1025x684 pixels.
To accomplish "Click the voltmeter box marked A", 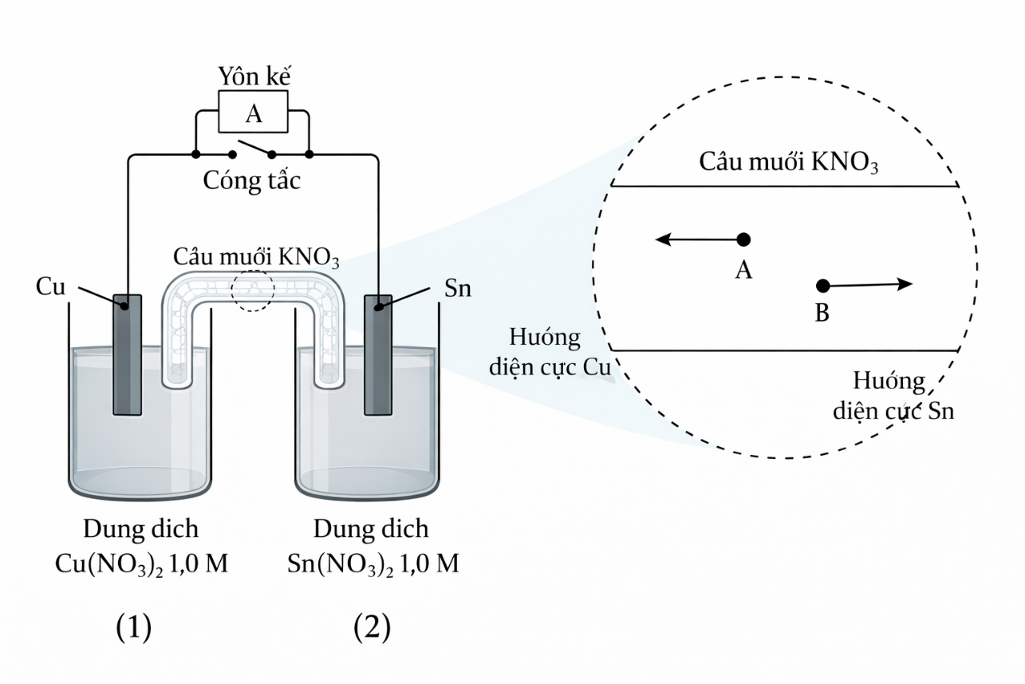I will pyautogui.click(x=253, y=114).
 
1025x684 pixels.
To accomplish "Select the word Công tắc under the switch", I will pyautogui.click(x=252, y=180).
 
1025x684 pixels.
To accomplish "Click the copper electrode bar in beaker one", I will pyautogui.click(x=127, y=355).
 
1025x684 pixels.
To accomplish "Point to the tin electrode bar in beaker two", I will pyautogui.click(x=378, y=355).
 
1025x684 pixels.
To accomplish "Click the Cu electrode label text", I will pyautogui.click(x=51, y=287).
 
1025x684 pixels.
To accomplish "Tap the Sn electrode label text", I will pyautogui.click(x=457, y=288).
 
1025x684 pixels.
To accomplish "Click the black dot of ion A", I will pyautogui.click(x=743, y=239).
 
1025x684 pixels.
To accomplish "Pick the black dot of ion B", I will pyautogui.click(x=823, y=286).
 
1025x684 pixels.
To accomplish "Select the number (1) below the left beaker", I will pyautogui.click(x=133, y=629).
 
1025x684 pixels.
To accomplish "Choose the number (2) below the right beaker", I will pyautogui.click(x=372, y=629).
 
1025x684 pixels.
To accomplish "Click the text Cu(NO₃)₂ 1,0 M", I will pyautogui.click(x=141, y=564).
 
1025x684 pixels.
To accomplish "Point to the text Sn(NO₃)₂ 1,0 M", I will pyautogui.click(x=373, y=564).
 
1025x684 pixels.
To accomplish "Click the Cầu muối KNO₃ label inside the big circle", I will pyautogui.click(x=788, y=162).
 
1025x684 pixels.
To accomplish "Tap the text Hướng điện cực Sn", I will pyautogui.click(x=893, y=396).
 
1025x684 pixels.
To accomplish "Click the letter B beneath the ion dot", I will pyautogui.click(x=822, y=314).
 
